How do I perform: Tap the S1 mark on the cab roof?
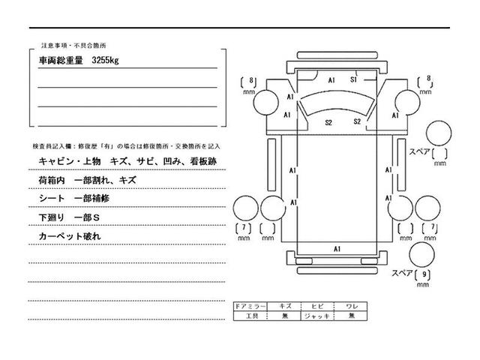click(x=353, y=78)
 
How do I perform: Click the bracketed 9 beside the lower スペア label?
click(x=427, y=274)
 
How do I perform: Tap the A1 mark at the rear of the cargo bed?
click(x=337, y=248)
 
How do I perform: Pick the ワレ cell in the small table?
click(x=351, y=307)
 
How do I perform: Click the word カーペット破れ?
click(x=69, y=236)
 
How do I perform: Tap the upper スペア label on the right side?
click(x=419, y=151)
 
